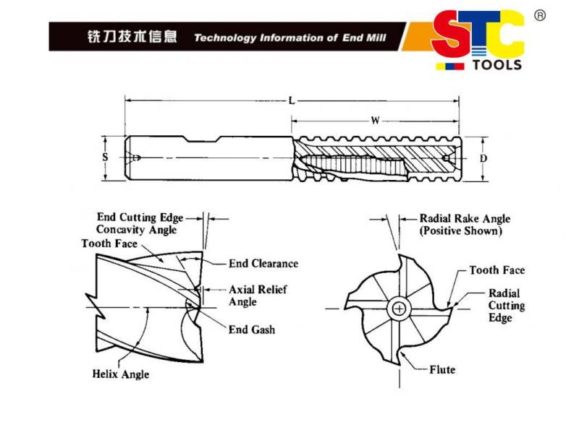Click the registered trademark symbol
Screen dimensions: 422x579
pos(539,15)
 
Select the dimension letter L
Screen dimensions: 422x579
pos(292,101)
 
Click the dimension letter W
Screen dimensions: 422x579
pos(375,121)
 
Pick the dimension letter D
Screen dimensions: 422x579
pos(483,158)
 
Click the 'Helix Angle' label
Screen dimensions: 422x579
pos(121,374)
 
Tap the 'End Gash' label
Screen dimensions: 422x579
pos(252,330)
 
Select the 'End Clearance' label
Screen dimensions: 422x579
pos(263,264)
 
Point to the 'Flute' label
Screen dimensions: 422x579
pos(442,370)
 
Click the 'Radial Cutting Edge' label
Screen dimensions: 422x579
pos(507,306)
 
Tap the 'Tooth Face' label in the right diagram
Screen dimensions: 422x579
pos(496,270)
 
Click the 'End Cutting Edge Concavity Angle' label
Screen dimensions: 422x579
pos(140,223)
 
